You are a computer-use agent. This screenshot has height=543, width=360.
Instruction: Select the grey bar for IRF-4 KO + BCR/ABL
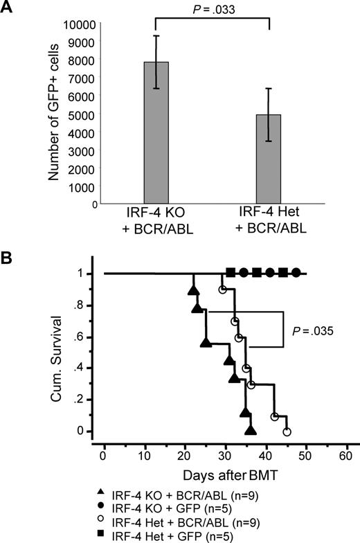click(x=156, y=132)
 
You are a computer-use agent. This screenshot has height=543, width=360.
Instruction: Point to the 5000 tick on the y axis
click(x=82, y=114)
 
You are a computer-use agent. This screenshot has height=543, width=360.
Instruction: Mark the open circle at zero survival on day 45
click(x=287, y=431)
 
